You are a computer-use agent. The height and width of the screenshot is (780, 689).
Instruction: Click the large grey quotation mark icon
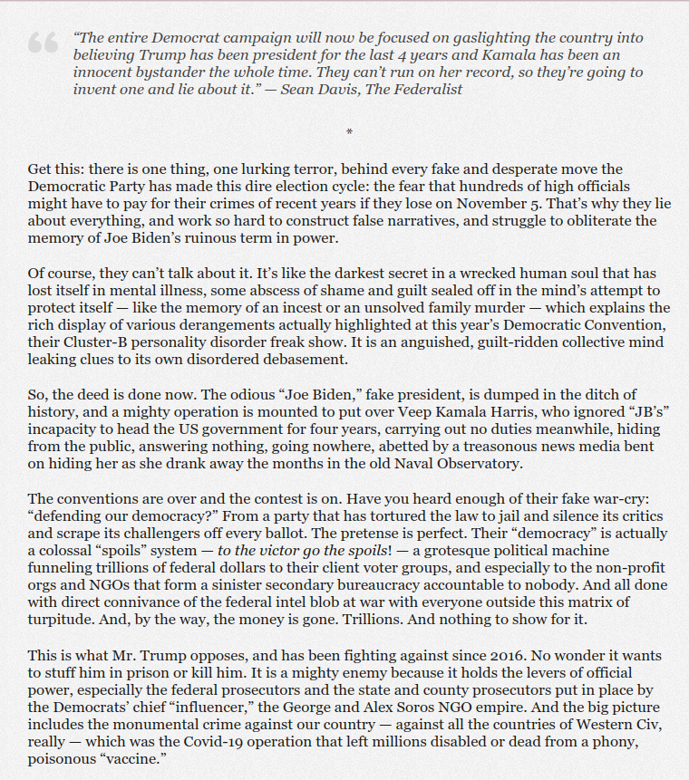coord(44,43)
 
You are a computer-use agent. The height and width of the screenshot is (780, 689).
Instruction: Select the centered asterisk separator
coord(349,133)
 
